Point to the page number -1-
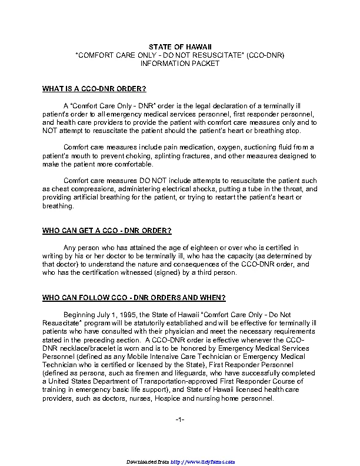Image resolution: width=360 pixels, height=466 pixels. click(x=180, y=419)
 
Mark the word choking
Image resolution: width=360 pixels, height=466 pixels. click(x=138, y=156)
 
